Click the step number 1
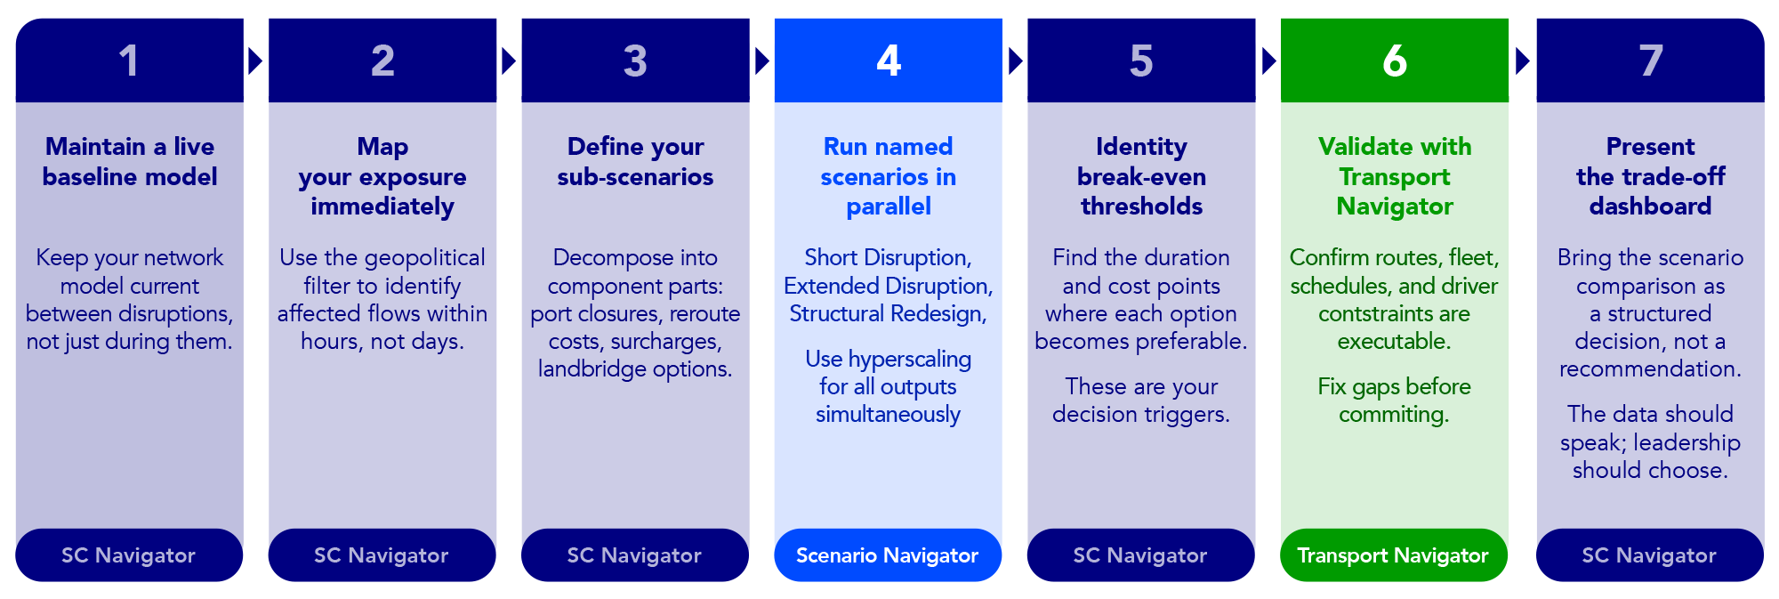point(129,61)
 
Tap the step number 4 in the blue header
point(889,61)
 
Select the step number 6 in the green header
point(1395,61)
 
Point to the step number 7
point(1651,61)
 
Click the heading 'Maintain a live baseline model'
point(130,161)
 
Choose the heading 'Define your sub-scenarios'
point(635,161)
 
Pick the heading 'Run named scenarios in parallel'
point(889,176)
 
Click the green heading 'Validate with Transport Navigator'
point(1395,176)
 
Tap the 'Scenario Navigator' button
point(888,555)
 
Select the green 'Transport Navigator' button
point(1393,555)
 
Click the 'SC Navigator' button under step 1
point(129,555)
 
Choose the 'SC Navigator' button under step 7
point(1649,555)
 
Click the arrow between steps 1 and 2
point(256,61)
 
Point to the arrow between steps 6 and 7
point(1523,61)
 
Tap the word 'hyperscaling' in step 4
point(910,360)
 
